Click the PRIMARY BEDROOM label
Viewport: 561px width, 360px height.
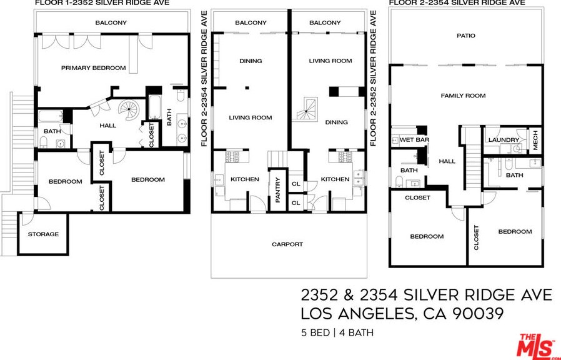click(93, 68)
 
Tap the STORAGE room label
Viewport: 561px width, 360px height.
click(43, 234)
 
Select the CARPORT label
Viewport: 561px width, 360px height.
click(287, 244)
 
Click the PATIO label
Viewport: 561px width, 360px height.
click(465, 36)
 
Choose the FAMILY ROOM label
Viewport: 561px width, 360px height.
click(463, 96)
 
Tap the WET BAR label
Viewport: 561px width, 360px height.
click(414, 140)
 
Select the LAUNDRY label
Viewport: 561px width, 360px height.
click(504, 140)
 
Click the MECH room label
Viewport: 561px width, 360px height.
click(535, 141)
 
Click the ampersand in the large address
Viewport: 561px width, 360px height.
click(354, 294)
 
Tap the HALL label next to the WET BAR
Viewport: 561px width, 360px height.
click(447, 161)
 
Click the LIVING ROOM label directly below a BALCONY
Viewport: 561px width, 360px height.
click(330, 61)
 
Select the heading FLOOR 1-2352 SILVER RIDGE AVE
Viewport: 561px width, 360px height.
click(102, 3)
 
